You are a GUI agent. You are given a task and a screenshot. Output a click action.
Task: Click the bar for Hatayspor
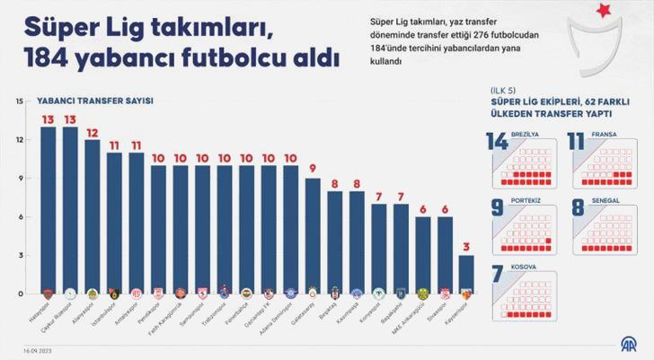pyautogui.click(x=49, y=210)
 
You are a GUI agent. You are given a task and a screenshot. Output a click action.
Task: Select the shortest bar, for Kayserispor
pyautogui.click(x=465, y=274)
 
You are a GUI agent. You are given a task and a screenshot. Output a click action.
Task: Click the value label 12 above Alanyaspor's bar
pyautogui.click(x=92, y=132)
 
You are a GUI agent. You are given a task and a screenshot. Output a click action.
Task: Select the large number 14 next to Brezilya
pyautogui.click(x=498, y=144)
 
